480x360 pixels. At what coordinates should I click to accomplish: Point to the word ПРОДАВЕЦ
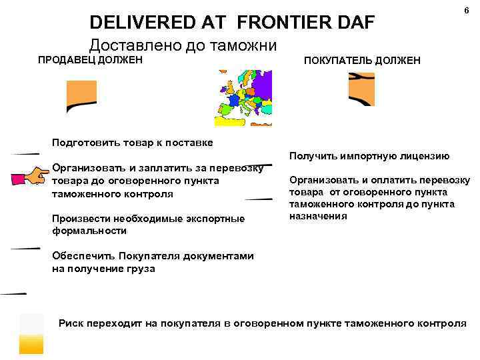point(65,61)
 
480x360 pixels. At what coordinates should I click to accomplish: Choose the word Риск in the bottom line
point(71,323)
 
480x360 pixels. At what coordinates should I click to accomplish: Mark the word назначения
point(318,216)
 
